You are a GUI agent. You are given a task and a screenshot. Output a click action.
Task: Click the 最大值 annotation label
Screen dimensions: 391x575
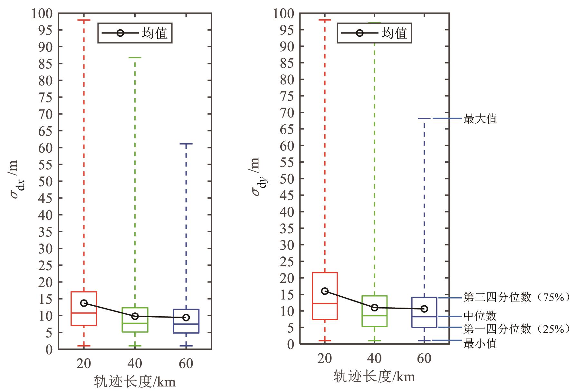(480, 119)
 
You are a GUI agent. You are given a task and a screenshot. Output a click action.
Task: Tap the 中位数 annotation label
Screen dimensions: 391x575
(480, 316)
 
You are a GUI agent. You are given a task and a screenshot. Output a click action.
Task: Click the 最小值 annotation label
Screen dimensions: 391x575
(480, 344)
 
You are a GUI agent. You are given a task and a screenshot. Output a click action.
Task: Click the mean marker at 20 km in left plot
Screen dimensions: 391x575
(84, 303)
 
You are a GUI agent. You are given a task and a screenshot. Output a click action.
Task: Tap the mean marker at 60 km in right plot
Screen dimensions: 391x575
(424, 309)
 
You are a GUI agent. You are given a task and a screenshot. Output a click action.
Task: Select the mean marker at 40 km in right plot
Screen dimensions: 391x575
(374, 308)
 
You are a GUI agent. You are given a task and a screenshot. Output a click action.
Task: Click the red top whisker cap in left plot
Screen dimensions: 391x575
(84, 20)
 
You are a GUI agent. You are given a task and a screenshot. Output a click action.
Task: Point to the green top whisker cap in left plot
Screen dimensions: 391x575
(135, 58)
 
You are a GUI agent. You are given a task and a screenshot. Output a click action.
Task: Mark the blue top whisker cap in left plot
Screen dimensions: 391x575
(186, 144)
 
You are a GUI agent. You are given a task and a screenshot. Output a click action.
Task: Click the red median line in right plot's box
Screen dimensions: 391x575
(325, 303)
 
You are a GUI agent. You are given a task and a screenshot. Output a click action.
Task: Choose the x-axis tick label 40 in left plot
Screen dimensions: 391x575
(135, 364)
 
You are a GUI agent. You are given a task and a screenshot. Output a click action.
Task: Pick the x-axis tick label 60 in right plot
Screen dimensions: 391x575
(424, 358)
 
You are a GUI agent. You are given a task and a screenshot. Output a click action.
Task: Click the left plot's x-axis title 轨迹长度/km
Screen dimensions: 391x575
(135, 382)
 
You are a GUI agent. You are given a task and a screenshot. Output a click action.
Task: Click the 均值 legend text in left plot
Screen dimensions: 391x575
(155, 33)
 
